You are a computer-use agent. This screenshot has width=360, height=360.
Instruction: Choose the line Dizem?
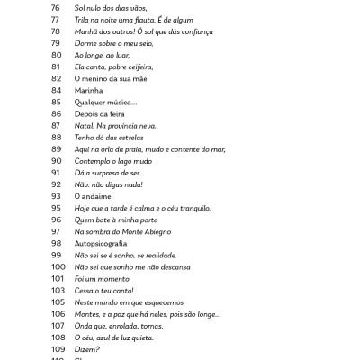coord(87,348)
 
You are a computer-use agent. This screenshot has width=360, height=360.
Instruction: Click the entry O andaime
coord(93,195)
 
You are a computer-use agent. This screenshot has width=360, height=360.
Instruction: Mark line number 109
coord(58,348)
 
